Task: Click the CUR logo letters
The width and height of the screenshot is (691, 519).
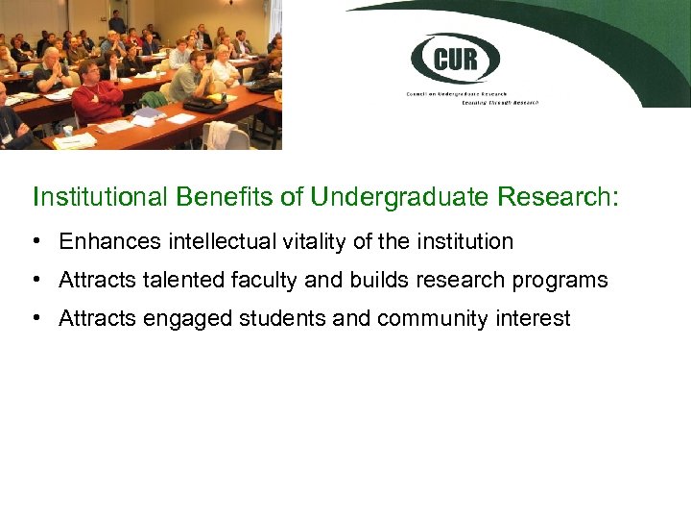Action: (455, 60)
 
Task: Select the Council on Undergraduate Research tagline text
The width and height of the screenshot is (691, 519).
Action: (469, 97)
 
